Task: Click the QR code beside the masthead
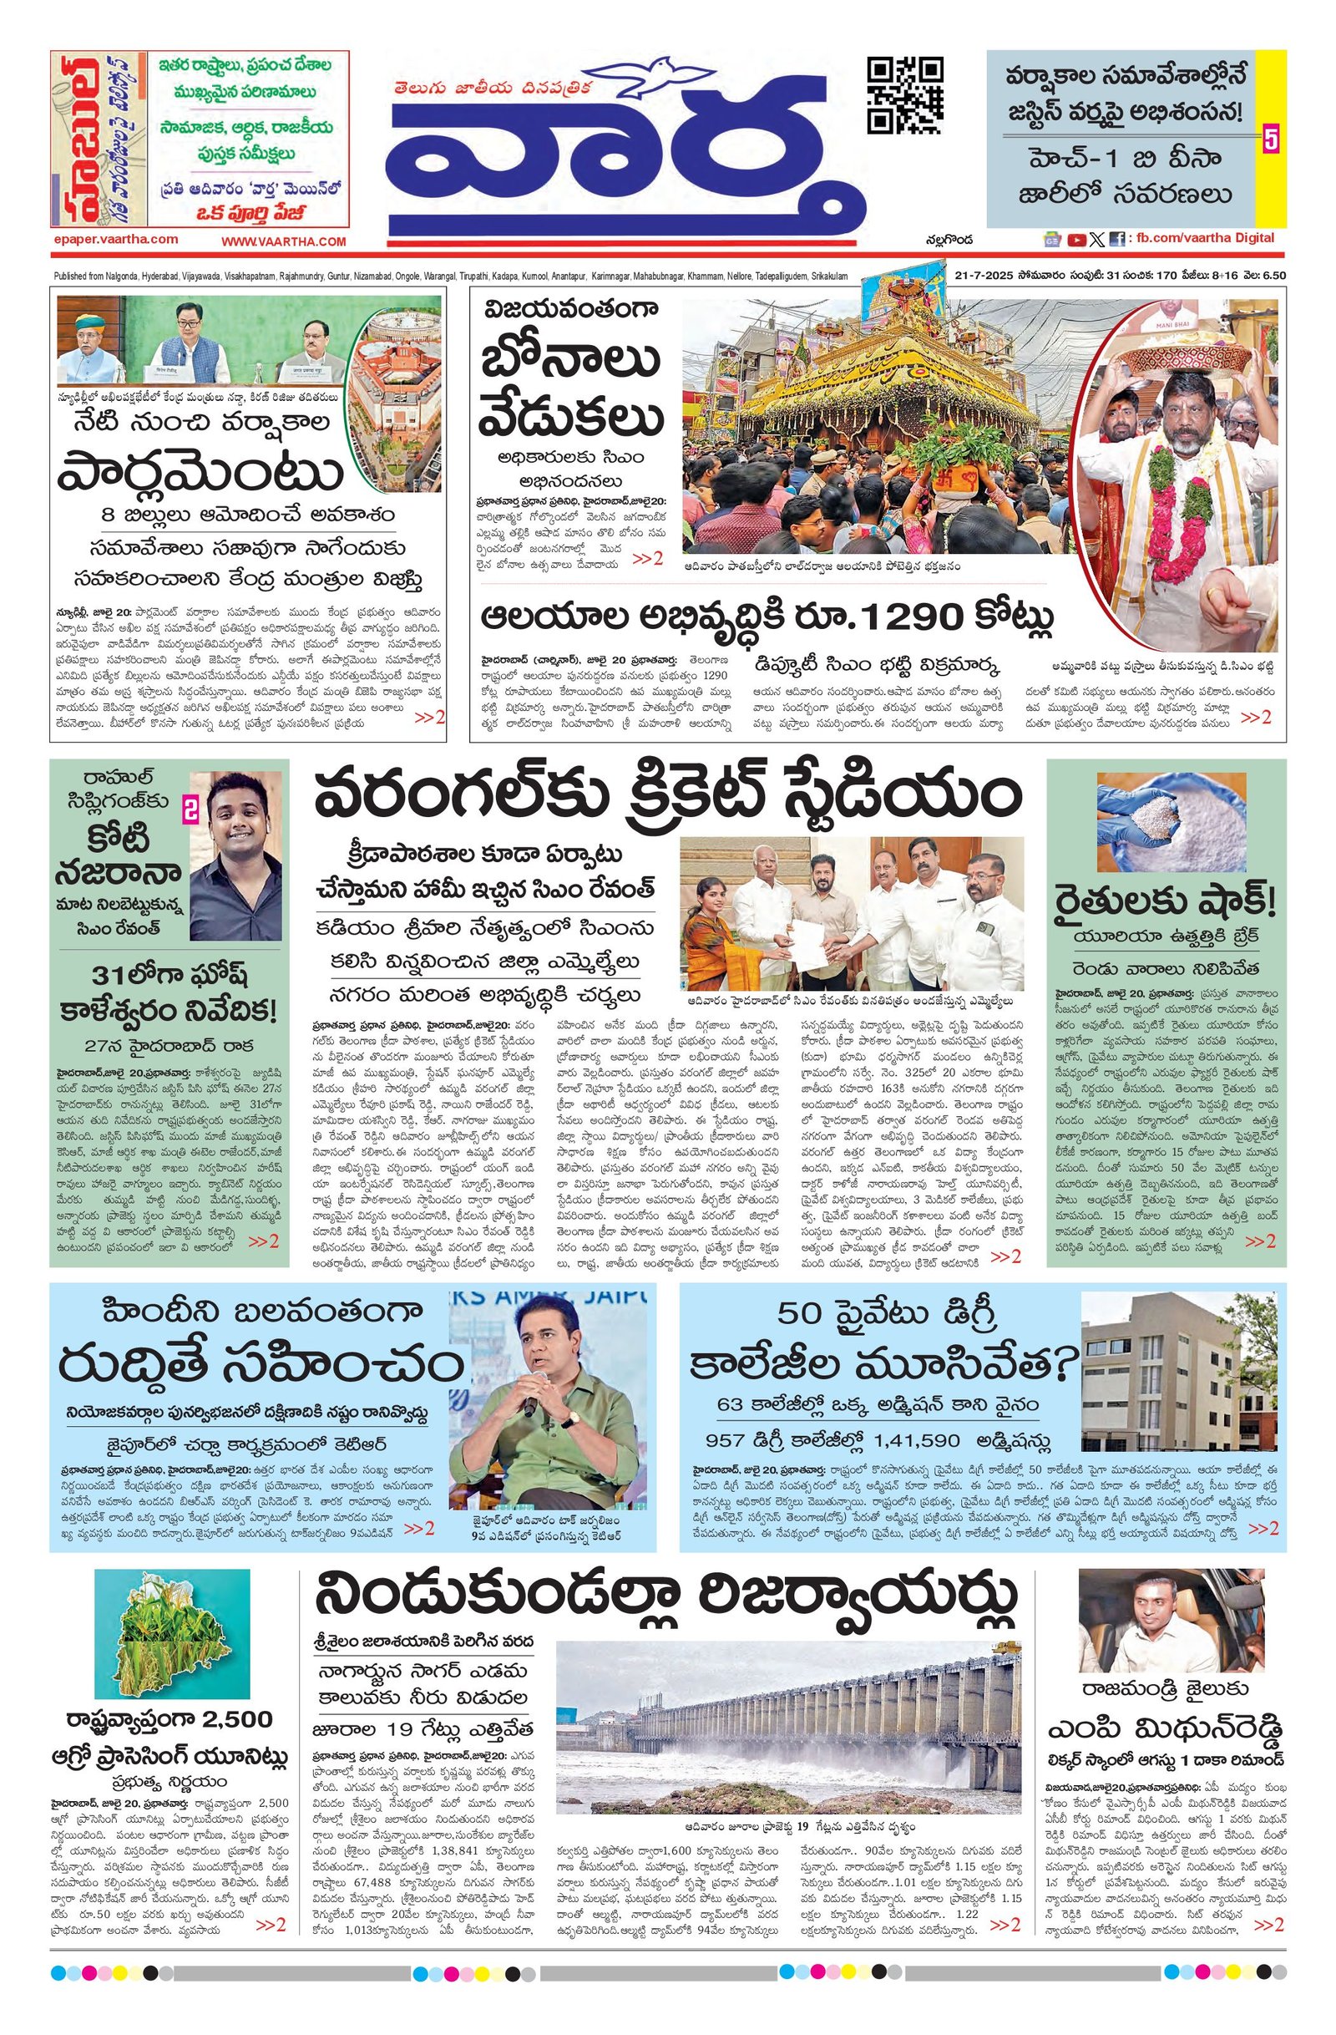[x=904, y=95]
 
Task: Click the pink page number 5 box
[x=1270, y=140]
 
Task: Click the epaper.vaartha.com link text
[x=114, y=240]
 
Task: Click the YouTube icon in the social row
[x=1076, y=241]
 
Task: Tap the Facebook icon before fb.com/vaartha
[x=1116, y=241]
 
